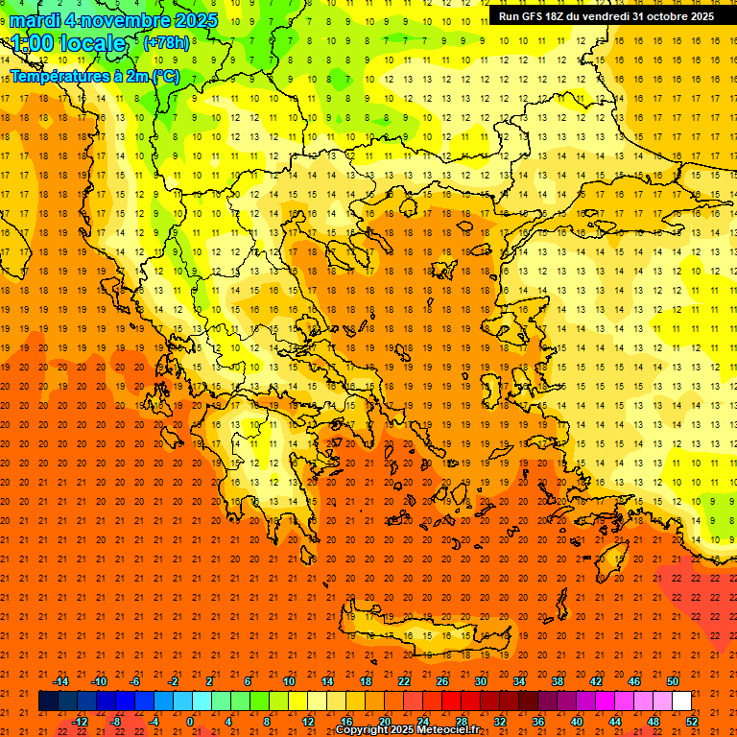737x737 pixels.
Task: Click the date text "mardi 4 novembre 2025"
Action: [113, 20]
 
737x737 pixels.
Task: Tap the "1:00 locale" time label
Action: [68, 43]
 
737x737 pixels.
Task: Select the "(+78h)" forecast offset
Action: [165, 42]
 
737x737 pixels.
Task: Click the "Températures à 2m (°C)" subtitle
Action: [94, 76]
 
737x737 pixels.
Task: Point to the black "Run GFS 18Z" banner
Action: [606, 16]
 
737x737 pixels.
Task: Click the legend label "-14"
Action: [60, 681]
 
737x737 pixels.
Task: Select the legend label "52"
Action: [691, 722]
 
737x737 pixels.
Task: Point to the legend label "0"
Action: [190, 722]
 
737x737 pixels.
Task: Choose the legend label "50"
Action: [673, 681]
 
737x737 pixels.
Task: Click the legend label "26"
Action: [442, 681]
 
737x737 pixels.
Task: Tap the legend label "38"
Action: [558, 681]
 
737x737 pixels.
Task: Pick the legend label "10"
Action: [288, 681]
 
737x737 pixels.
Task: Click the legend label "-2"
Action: [173, 681]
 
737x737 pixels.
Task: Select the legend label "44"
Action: [614, 722]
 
